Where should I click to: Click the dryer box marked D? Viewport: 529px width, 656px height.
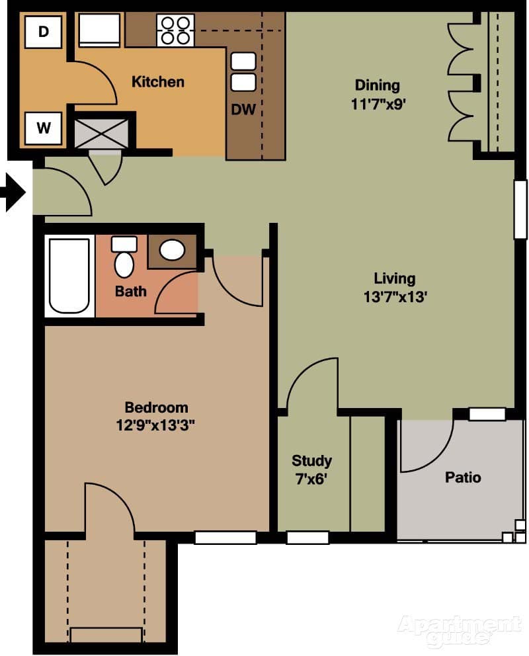click(44, 32)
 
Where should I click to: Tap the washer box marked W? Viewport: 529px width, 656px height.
click(44, 128)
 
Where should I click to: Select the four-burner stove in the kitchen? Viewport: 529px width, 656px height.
click(175, 30)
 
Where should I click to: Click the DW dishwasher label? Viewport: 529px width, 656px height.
click(243, 110)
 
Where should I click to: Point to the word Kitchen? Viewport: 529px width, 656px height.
click(158, 82)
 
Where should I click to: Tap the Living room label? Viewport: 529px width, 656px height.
click(395, 278)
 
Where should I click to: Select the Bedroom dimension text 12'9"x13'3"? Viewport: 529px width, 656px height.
click(156, 425)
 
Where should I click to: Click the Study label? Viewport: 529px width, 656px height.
click(311, 460)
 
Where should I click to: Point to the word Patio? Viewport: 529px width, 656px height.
click(463, 477)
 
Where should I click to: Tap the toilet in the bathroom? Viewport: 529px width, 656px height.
click(124, 258)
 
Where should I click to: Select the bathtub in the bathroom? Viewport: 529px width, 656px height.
click(69, 276)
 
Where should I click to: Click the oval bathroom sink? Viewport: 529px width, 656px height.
click(173, 250)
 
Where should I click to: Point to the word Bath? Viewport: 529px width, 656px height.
click(131, 291)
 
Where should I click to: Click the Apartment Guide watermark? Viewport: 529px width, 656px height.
click(459, 630)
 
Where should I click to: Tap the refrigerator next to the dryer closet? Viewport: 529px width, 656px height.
click(99, 30)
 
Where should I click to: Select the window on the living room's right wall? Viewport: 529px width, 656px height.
click(521, 209)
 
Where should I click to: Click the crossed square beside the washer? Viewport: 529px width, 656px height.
click(101, 134)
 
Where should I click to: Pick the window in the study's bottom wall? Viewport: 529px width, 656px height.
click(307, 538)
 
